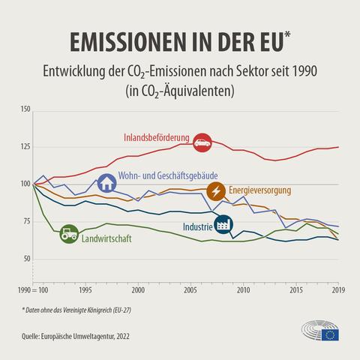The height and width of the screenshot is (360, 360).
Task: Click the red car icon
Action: pos(202,140)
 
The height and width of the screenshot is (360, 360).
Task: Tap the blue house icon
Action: pos(107,182)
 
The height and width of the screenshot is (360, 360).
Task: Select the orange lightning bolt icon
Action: pos(216,191)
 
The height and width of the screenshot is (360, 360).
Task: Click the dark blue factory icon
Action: pos(223,225)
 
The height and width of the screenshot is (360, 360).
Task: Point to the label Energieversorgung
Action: pos(259,190)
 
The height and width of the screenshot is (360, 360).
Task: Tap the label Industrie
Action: pos(196,226)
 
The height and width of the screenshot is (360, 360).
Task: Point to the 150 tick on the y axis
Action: pos(25,109)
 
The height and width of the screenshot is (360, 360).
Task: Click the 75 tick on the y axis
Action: pos(27,221)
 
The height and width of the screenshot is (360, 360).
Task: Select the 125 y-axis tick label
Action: pos(25,147)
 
